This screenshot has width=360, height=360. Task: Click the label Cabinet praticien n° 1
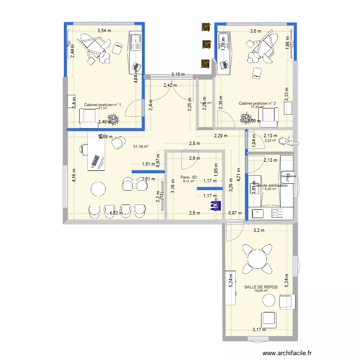(102, 105)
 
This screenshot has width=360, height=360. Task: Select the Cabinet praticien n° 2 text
(257, 103)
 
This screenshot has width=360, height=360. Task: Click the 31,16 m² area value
(141, 146)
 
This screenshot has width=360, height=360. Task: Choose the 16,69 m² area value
(261, 290)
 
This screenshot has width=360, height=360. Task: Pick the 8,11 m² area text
(189, 181)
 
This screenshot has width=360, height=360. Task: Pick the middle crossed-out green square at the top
(206, 45)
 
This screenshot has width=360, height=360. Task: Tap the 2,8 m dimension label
(194, 144)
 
